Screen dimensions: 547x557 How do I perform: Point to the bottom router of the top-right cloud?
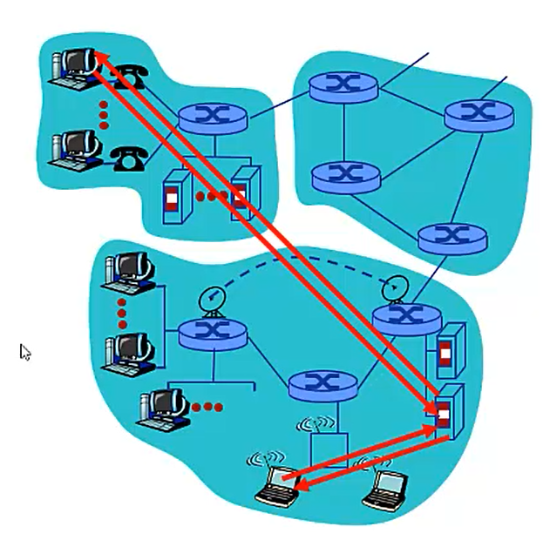451,237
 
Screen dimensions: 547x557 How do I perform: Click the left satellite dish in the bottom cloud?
212,300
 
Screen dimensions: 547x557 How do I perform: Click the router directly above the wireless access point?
323,383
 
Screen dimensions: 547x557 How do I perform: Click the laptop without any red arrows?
384,490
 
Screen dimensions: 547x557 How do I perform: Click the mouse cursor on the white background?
25,352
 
